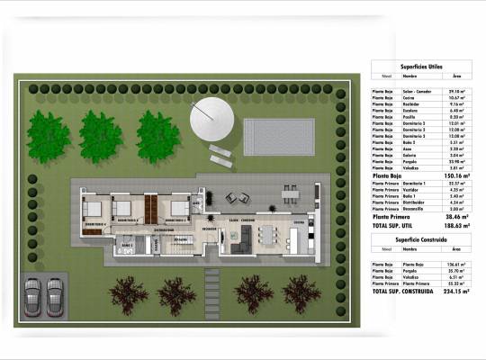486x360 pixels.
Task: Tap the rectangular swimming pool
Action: (x=279, y=137)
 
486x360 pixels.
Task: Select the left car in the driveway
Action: (x=33, y=293)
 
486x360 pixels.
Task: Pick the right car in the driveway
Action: (x=56, y=293)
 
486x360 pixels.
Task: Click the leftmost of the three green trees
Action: (x=48, y=136)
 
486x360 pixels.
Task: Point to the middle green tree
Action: (x=100, y=136)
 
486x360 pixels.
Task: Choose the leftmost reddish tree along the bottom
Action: (x=128, y=292)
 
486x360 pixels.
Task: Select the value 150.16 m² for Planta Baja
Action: (x=454, y=175)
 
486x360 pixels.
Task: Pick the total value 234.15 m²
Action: (x=454, y=292)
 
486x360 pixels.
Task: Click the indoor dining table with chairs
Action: (x=267, y=236)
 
